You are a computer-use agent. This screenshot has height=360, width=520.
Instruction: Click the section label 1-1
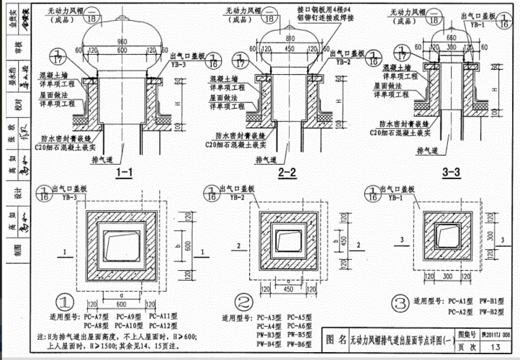124,172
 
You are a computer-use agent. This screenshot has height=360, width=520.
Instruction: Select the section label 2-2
287,172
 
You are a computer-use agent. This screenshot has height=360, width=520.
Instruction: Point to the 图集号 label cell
469,335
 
